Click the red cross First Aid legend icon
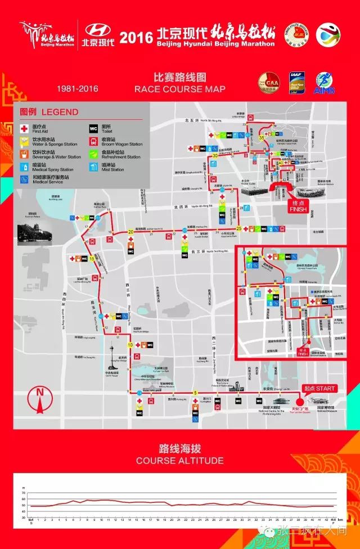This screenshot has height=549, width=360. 24,128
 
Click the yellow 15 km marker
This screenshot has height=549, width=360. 91,258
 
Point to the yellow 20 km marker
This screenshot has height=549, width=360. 130,231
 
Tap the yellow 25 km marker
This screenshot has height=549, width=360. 238,228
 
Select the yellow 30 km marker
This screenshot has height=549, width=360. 215,156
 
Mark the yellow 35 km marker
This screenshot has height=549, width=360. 261,138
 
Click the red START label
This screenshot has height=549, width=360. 319,389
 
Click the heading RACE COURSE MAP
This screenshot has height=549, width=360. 179,89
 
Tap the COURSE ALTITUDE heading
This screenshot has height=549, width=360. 179,461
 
